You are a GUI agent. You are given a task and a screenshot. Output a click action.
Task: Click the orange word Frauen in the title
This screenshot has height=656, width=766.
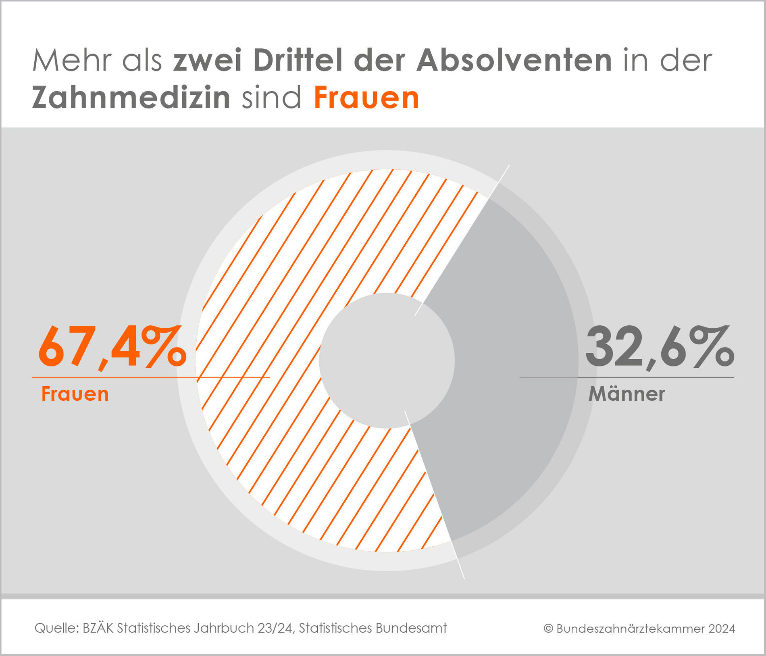[x=366, y=98]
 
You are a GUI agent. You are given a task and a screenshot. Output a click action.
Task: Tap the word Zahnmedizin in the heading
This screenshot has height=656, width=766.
[x=131, y=98]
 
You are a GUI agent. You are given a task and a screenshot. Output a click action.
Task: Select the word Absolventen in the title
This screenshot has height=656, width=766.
[x=514, y=60]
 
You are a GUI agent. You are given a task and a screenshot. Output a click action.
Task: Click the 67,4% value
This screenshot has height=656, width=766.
[x=112, y=348]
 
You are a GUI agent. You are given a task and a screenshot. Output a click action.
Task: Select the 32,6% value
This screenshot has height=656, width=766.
[x=660, y=348]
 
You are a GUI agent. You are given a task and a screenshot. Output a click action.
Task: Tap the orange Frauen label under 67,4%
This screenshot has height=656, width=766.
[x=75, y=394]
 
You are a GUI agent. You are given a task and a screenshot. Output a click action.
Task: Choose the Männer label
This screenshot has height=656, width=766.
[x=627, y=394]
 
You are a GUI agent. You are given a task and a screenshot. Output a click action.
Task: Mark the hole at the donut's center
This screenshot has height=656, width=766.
[x=387, y=360]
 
